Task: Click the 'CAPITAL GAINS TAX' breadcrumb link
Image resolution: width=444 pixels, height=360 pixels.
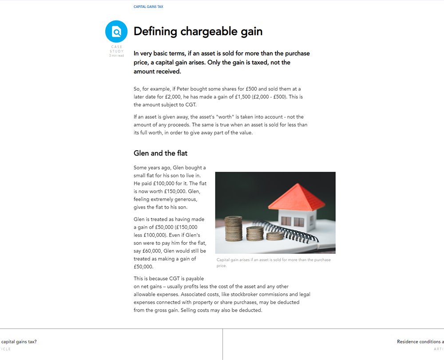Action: (x=148, y=7)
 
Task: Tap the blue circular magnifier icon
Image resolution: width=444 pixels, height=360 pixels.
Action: (x=116, y=32)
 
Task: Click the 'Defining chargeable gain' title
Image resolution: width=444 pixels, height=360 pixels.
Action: (x=198, y=32)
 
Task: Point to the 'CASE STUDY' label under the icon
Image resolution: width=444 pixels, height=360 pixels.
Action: (x=117, y=49)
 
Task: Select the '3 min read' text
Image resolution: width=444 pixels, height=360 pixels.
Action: (x=116, y=56)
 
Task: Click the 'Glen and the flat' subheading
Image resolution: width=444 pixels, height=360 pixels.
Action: (x=160, y=153)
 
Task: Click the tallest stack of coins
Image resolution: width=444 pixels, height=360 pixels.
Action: (x=234, y=228)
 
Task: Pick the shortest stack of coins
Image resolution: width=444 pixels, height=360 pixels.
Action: (x=275, y=236)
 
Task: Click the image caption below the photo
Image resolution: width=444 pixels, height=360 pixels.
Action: (x=274, y=262)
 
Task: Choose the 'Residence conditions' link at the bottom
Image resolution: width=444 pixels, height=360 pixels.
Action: (x=420, y=342)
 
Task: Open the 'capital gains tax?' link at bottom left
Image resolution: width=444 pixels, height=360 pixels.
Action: (x=19, y=342)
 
